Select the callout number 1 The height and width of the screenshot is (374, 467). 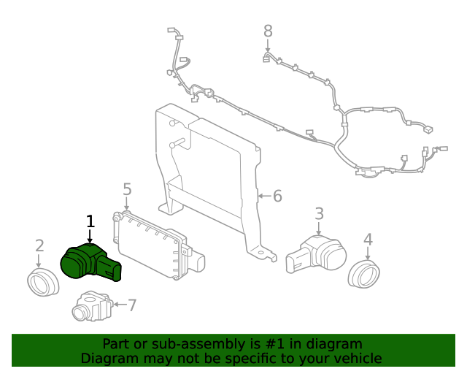click(90, 221)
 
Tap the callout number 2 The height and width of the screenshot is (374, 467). click(39, 246)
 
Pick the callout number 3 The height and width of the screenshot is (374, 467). click(319, 213)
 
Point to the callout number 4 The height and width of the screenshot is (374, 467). click(368, 239)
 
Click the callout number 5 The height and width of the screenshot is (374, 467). click(127, 190)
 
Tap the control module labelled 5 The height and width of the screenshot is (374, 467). click(153, 245)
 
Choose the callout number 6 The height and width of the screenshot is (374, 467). click(277, 196)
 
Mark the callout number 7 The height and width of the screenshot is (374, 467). click(132, 305)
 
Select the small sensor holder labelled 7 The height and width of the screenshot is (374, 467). click(91, 307)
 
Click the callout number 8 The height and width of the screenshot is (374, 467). click(268, 31)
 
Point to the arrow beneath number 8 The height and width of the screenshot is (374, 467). click(268, 46)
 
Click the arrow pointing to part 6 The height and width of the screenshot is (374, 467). click(263, 196)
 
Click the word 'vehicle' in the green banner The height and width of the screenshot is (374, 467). click(358, 358)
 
